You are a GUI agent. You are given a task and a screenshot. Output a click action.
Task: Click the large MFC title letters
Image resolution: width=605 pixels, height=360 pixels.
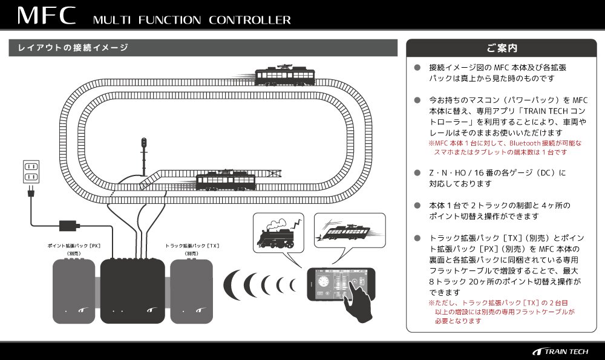[46, 16]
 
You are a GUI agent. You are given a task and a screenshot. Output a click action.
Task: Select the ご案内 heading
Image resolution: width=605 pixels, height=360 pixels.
[501, 47]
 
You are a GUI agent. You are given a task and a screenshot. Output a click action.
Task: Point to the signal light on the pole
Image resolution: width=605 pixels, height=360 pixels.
[144, 143]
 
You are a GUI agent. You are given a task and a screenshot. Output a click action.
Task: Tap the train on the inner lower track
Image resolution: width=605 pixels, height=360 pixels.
[227, 180]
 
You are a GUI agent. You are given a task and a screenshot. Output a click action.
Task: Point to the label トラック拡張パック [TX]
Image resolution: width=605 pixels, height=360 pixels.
[192, 246]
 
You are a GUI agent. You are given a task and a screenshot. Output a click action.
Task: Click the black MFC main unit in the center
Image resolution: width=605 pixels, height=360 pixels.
[132, 290]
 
